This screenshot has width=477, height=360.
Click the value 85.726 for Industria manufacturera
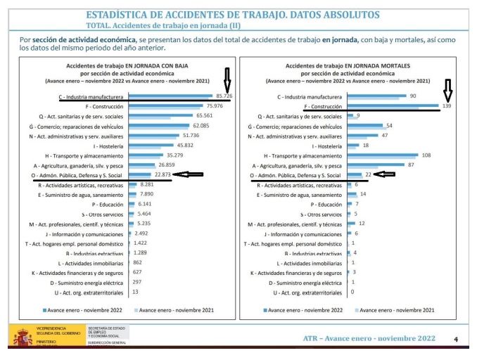(x=224, y=96)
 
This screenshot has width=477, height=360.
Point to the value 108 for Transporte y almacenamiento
(x=426, y=155)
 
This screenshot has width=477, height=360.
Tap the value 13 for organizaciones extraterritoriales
(x=135, y=291)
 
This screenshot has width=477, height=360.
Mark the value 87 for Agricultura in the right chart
(x=411, y=165)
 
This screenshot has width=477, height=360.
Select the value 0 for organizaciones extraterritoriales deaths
(x=352, y=291)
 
